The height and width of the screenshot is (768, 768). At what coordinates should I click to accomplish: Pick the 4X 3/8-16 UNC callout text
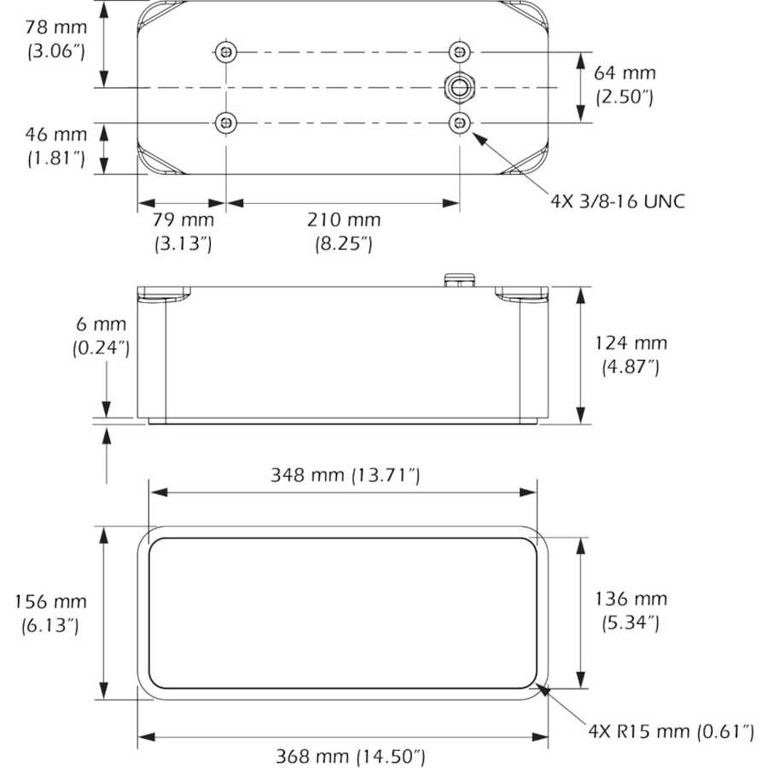[618, 201]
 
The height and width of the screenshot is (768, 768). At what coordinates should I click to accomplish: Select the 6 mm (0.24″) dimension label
[101, 336]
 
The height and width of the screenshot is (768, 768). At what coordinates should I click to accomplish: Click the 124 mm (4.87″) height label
[631, 355]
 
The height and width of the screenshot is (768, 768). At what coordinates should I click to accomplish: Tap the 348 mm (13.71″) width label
[345, 475]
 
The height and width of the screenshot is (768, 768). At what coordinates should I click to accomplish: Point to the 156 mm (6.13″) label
[50, 614]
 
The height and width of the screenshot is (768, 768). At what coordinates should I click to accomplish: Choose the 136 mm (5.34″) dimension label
[631, 611]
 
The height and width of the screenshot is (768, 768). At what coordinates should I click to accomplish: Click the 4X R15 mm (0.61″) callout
[671, 731]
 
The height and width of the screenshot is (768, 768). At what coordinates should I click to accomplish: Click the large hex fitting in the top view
[460, 87]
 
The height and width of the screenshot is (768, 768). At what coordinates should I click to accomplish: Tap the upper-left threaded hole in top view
[224, 53]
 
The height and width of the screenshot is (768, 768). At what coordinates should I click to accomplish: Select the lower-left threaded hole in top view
[224, 124]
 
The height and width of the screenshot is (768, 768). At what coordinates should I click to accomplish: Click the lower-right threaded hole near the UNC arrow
[460, 124]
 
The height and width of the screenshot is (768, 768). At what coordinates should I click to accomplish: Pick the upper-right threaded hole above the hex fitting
[460, 53]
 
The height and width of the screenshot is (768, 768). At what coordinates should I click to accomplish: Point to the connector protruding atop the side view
[459, 279]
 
